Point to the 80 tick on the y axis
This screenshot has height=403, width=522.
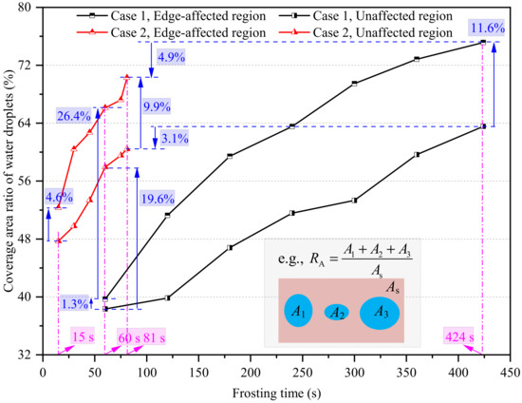coord(28,8)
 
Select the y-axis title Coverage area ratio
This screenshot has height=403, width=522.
coord(9,181)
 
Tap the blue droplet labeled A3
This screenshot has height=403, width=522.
coord(381,312)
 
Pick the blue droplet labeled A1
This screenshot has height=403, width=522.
coord(299,311)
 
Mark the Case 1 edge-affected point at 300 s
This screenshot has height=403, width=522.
coord(354,84)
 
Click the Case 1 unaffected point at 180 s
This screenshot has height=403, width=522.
coord(230,247)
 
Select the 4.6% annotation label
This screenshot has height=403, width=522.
coord(58,198)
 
